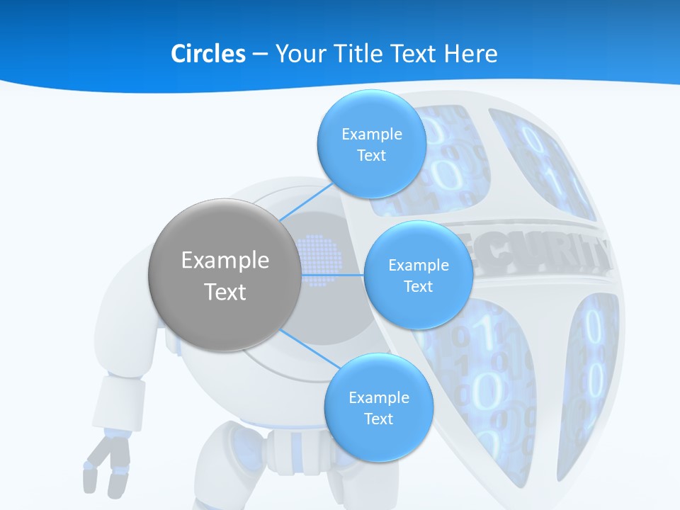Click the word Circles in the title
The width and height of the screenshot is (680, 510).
pyautogui.click(x=208, y=54)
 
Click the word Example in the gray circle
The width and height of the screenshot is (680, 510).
pyautogui.click(x=225, y=260)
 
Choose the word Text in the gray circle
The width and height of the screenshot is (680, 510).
pyautogui.click(x=225, y=292)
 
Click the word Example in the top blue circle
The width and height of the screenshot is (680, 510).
pyautogui.click(x=371, y=134)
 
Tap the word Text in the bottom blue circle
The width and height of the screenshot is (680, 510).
pyautogui.click(x=378, y=419)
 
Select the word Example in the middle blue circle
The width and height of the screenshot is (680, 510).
pyautogui.click(x=418, y=265)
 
